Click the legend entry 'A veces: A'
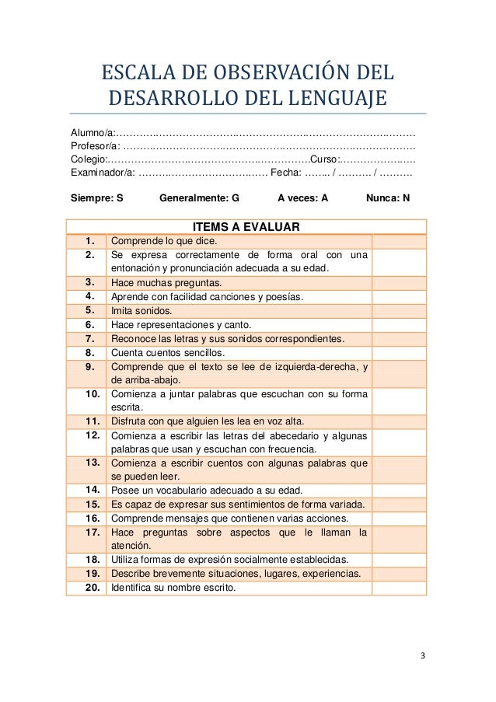pyautogui.click(x=302, y=198)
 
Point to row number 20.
pyautogui.click(x=92, y=588)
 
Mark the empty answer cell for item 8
pyautogui.click(x=398, y=352)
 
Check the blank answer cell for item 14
pyautogui.click(x=398, y=490)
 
